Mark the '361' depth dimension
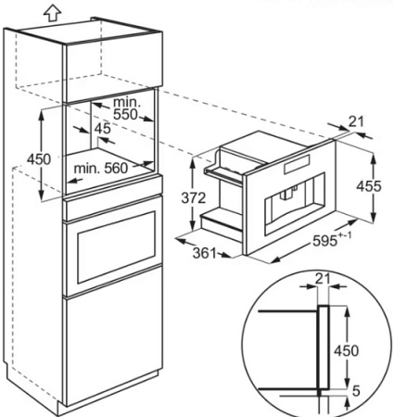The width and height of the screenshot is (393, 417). [214, 252]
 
